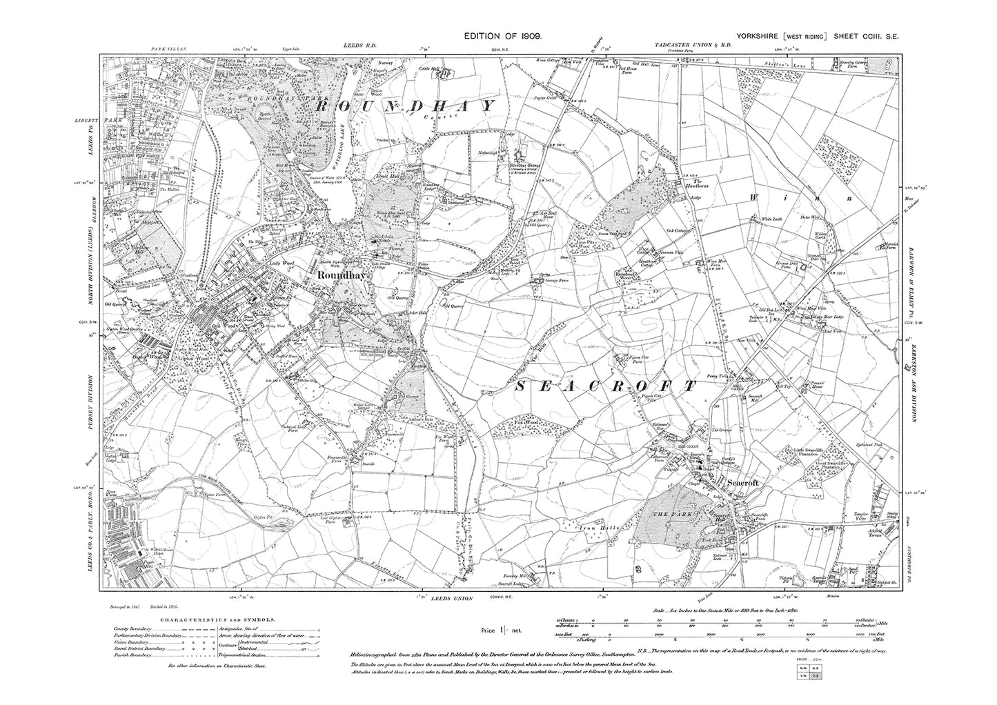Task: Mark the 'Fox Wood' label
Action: point(526,421)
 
